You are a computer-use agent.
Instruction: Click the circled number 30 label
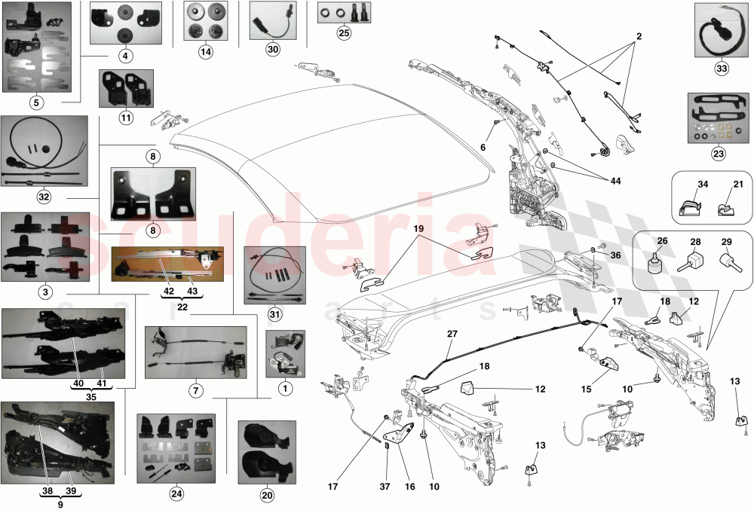click(272, 48)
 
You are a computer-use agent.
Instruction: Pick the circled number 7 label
click(195, 391)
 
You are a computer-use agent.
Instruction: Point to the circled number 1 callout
click(284, 389)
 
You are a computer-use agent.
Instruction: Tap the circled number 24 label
click(176, 494)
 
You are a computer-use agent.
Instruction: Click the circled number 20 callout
click(267, 495)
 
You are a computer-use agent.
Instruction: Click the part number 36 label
click(615, 255)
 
